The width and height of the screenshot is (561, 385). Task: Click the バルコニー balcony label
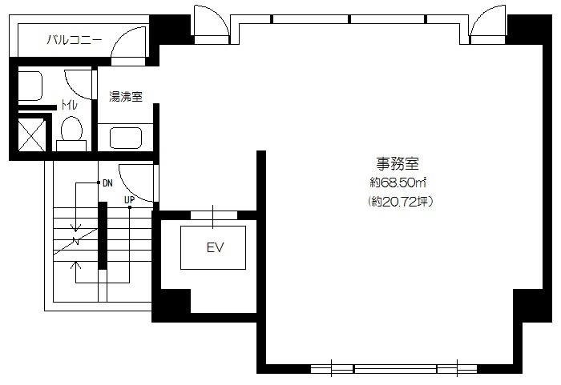pos(75,40)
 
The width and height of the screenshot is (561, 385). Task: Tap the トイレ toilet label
pos(69,105)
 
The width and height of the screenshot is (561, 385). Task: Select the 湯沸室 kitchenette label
pos(126,97)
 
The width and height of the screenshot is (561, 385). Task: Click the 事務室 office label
pos(398,164)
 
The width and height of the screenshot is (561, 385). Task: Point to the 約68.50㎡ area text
pos(398,183)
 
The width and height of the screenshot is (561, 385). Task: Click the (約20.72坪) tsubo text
pos(401,202)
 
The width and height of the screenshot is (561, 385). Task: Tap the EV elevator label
pos(215,247)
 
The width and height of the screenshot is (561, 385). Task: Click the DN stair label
pos(107,183)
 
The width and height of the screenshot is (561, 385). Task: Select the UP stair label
pos(129,200)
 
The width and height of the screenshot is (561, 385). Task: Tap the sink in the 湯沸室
pos(126,138)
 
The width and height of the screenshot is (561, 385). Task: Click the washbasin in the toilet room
pos(30,86)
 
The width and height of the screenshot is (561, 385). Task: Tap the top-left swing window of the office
pos(211,21)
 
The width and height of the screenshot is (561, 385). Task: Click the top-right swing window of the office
pos(488,21)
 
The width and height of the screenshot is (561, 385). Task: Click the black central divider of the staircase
pos(103,235)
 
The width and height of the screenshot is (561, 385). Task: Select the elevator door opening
pos(214,215)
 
